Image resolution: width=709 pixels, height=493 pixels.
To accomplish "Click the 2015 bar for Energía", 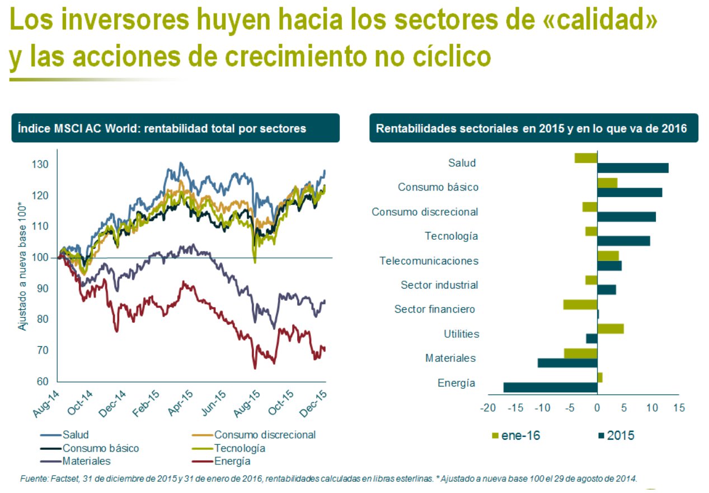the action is point(551,388).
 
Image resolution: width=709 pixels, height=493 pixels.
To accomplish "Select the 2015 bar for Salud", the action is point(633,168).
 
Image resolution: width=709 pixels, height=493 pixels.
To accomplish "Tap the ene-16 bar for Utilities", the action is point(611,329).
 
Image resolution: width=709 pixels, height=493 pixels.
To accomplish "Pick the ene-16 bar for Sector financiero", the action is point(580,304).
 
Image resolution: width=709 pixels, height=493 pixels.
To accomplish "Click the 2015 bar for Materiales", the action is point(567,363).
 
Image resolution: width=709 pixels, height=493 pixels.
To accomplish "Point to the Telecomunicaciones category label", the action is point(429,261).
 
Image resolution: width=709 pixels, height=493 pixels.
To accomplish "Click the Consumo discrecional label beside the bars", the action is point(425,212).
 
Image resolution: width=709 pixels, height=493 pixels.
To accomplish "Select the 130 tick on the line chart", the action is point(40,165).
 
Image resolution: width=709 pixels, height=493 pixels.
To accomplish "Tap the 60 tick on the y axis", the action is point(43,381).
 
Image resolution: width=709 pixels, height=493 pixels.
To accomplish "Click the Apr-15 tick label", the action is point(180,403).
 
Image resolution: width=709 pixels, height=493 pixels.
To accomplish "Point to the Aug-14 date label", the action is point(46,404).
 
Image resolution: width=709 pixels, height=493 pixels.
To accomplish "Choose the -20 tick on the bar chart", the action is point(488,408).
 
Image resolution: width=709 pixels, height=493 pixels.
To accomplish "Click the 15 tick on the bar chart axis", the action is point(679,408).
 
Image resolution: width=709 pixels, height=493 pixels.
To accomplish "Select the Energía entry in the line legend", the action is point(221,461).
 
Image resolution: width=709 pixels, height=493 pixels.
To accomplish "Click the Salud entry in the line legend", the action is point(64,435).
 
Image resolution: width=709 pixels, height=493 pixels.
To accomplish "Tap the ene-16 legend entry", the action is point(517,436).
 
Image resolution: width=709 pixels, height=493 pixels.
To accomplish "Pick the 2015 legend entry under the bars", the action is point(616,436).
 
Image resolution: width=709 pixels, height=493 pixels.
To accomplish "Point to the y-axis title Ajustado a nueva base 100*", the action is point(22,266).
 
